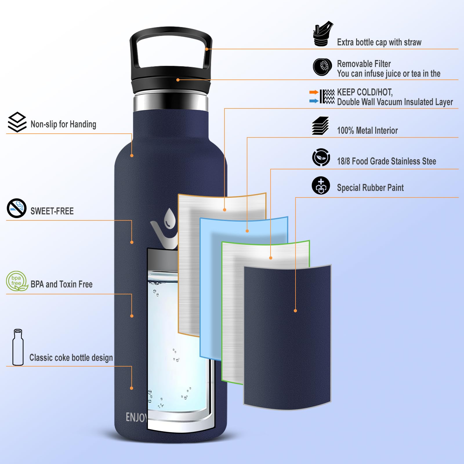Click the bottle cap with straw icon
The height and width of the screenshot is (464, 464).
[x=322, y=34]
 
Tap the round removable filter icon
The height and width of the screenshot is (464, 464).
[x=322, y=67]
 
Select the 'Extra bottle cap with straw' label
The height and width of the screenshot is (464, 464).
[x=379, y=42]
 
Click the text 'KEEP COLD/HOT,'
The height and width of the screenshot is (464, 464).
[x=365, y=92]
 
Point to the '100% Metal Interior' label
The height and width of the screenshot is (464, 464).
[x=367, y=130]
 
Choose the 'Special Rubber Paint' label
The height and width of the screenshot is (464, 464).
[x=370, y=188]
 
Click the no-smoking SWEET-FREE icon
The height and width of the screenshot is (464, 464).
[x=17, y=208]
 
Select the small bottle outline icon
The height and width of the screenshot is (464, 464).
[x=18, y=347]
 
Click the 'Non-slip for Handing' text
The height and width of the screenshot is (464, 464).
[x=63, y=124]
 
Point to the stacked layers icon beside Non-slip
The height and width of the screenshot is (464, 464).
[x=17, y=122]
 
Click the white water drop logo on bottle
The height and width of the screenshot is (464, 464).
[x=169, y=219]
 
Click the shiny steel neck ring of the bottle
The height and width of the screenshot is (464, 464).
[x=171, y=102]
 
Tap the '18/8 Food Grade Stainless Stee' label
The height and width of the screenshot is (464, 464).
[x=386, y=161]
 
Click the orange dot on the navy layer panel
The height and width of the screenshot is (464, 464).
[x=295, y=311]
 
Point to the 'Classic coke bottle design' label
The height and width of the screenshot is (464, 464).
[x=71, y=358]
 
